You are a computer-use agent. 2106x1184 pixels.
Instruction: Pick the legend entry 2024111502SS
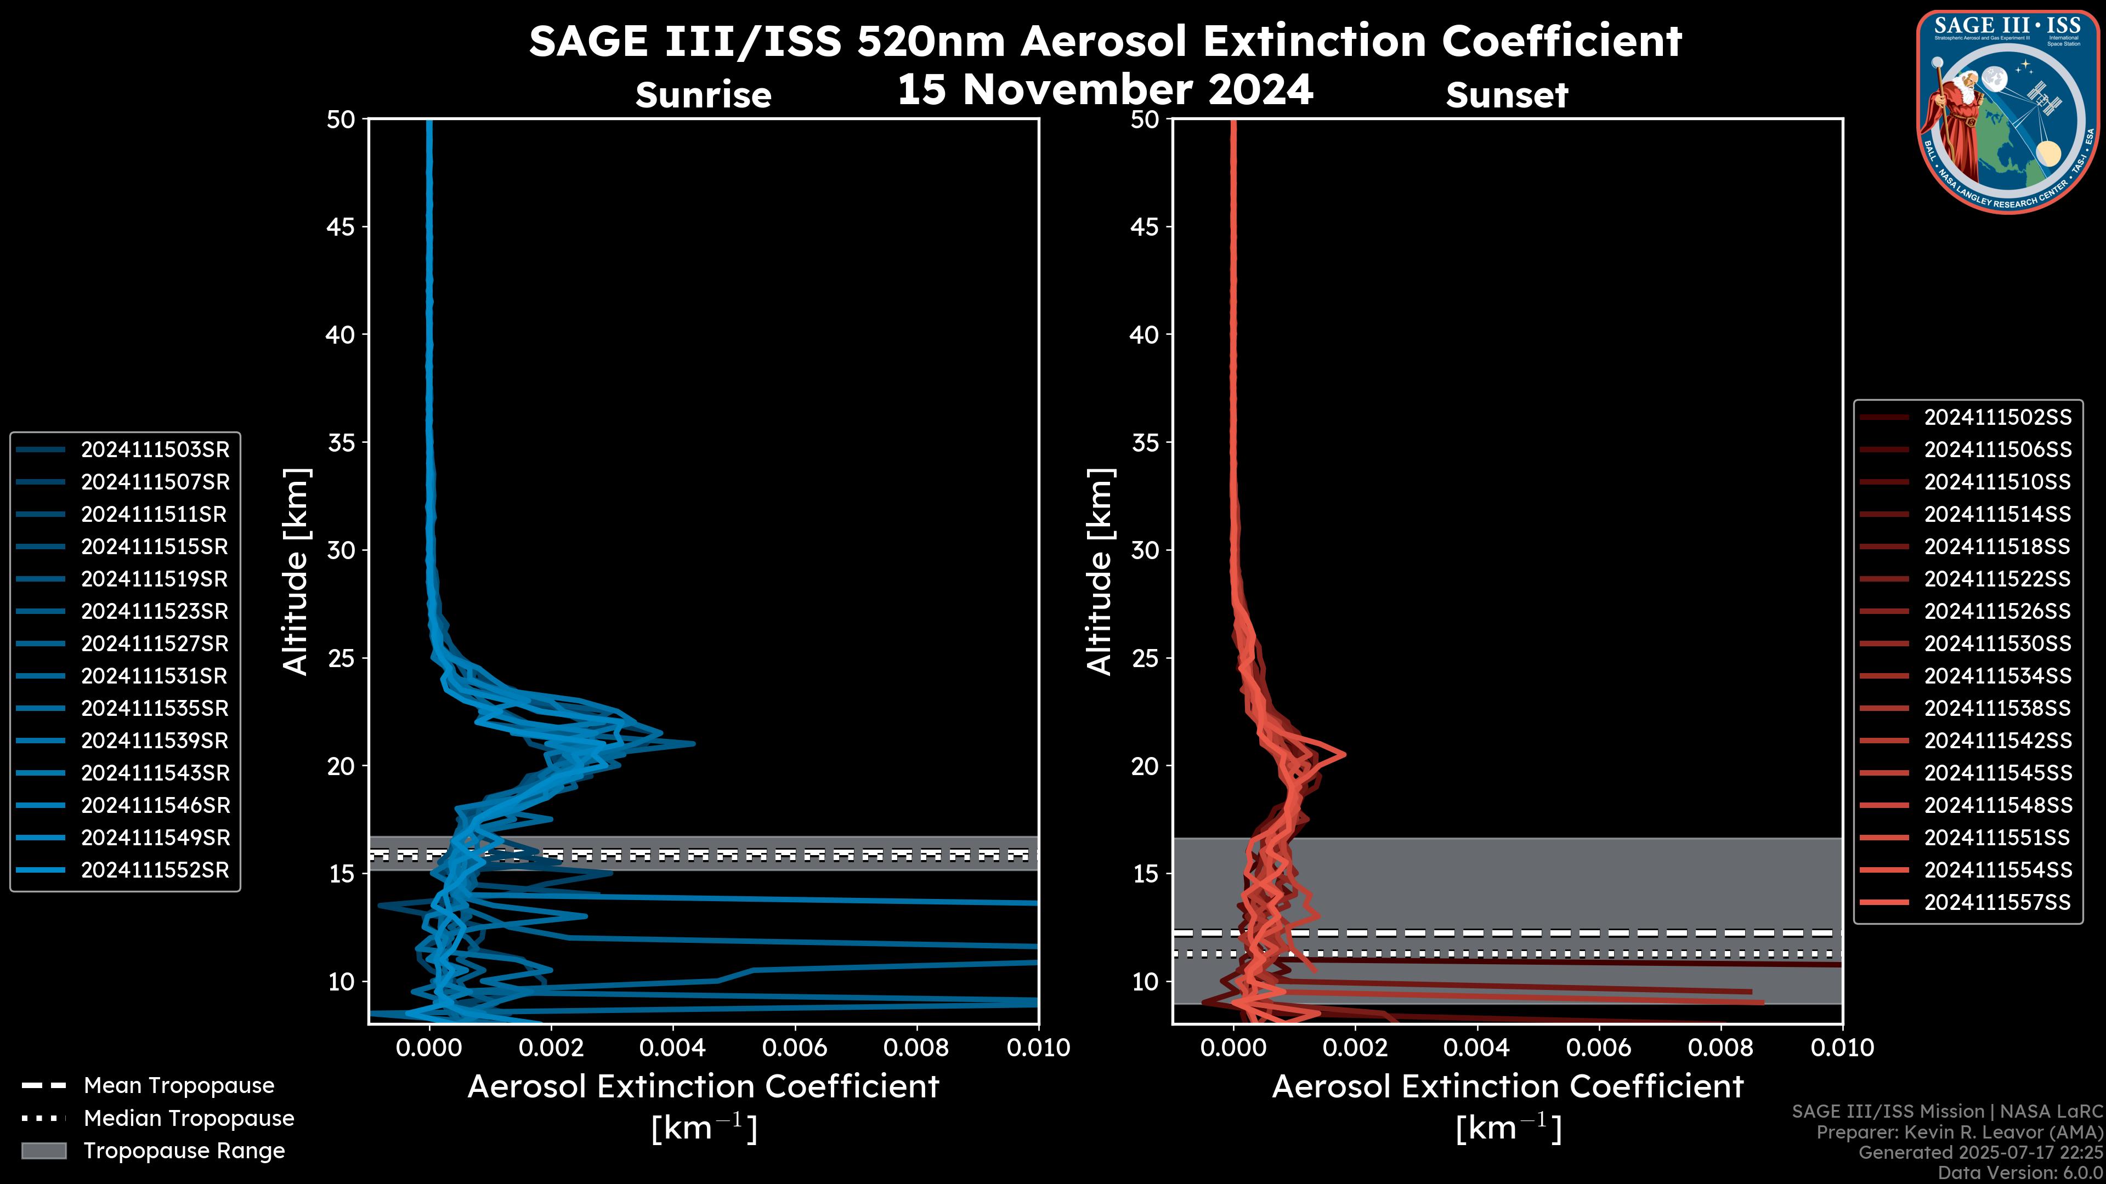1997,418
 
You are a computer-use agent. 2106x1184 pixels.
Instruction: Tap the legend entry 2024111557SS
1997,902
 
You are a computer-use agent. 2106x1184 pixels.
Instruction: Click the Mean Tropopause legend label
179,1086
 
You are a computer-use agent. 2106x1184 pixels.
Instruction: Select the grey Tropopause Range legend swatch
44,1151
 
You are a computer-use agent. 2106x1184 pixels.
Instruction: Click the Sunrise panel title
703,95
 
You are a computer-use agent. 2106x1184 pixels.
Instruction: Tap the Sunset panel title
1507,95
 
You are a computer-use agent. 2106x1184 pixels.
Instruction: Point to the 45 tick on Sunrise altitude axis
341,226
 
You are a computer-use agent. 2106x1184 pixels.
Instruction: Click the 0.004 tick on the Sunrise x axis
672,1048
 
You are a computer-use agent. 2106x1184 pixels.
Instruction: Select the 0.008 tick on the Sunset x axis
1721,1048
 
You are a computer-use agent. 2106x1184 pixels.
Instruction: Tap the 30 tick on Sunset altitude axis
1145,550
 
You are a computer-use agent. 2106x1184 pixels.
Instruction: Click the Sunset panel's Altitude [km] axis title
1100,572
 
